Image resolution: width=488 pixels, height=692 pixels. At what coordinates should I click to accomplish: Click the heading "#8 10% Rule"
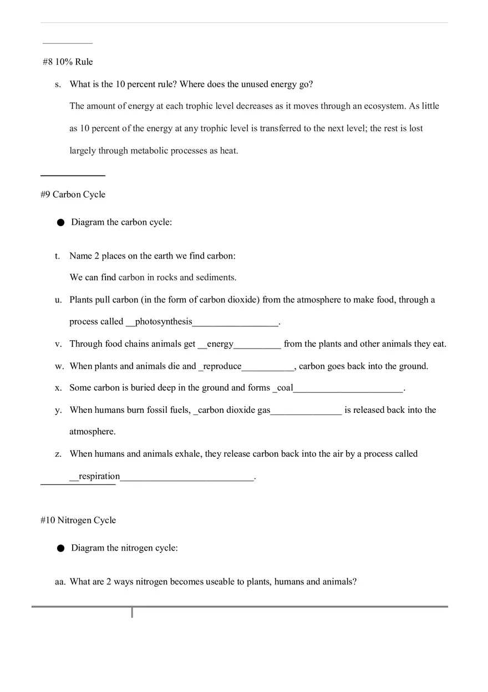coord(68,62)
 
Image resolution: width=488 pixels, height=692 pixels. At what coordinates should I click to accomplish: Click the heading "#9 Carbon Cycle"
coord(73,194)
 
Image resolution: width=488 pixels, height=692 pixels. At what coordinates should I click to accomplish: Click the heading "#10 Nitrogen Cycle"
coord(78,520)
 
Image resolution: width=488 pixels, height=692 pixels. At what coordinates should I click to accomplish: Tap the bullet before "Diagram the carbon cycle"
coord(60,223)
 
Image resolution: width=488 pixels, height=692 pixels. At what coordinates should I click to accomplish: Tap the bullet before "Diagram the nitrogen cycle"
coord(60,548)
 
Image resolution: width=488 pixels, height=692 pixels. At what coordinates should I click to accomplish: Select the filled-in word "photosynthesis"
coord(164,322)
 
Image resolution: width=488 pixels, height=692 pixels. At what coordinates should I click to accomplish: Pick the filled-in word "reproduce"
coord(222,366)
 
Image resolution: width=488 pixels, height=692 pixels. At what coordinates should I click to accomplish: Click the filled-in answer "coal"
coord(284,388)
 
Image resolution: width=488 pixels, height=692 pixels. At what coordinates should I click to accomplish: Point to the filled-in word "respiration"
coord(99,476)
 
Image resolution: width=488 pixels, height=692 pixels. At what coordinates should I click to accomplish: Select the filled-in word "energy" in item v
coord(220,344)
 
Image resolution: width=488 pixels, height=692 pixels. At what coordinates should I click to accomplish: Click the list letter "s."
coord(58,84)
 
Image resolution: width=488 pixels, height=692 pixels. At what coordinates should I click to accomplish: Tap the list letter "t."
coord(57,256)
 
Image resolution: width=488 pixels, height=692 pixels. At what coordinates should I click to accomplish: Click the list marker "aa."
coord(60,582)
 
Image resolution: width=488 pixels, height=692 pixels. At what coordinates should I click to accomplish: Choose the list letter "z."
coord(58,454)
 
